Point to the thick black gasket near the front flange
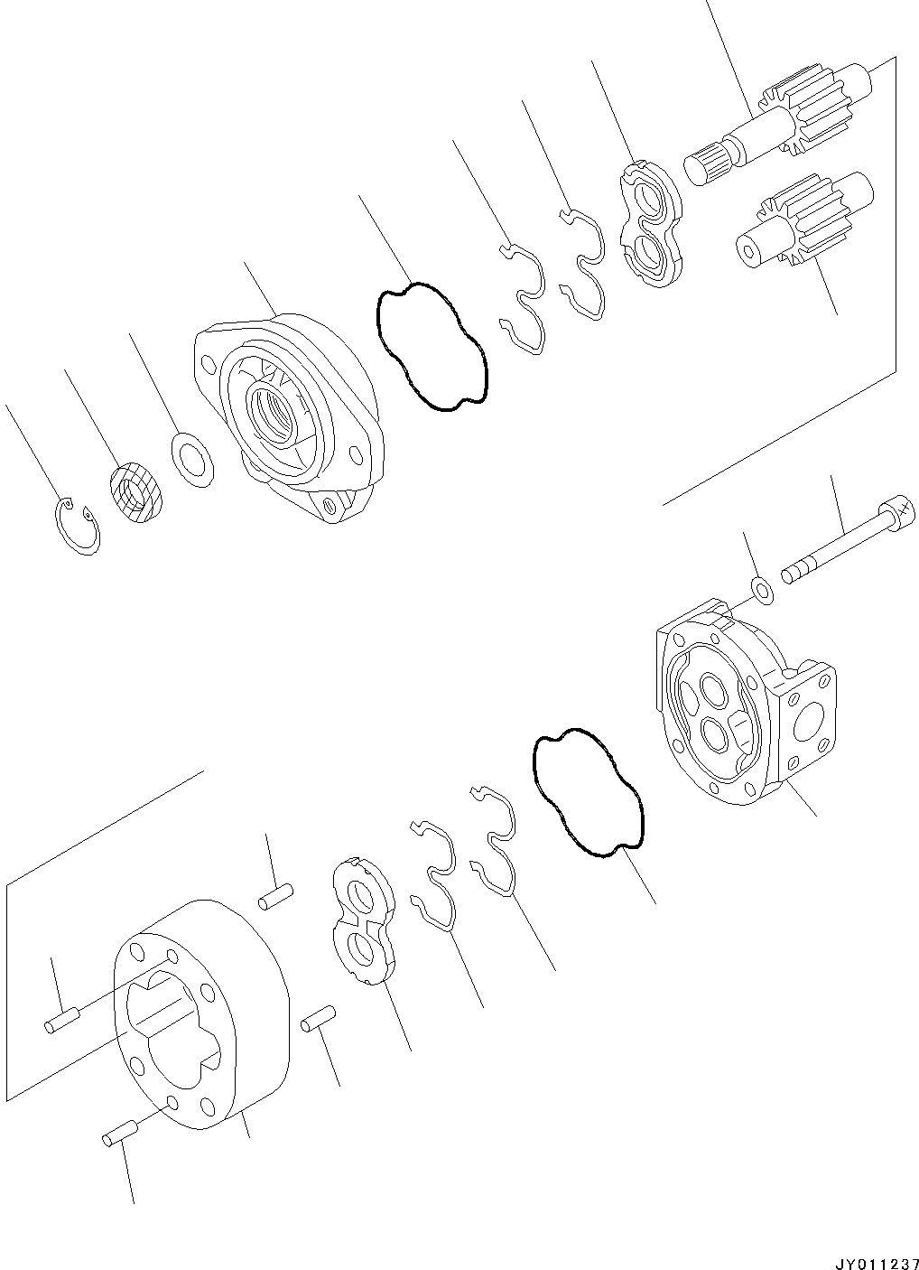[x=431, y=347]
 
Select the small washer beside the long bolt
[x=763, y=592]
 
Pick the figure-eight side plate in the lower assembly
[x=363, y=922]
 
